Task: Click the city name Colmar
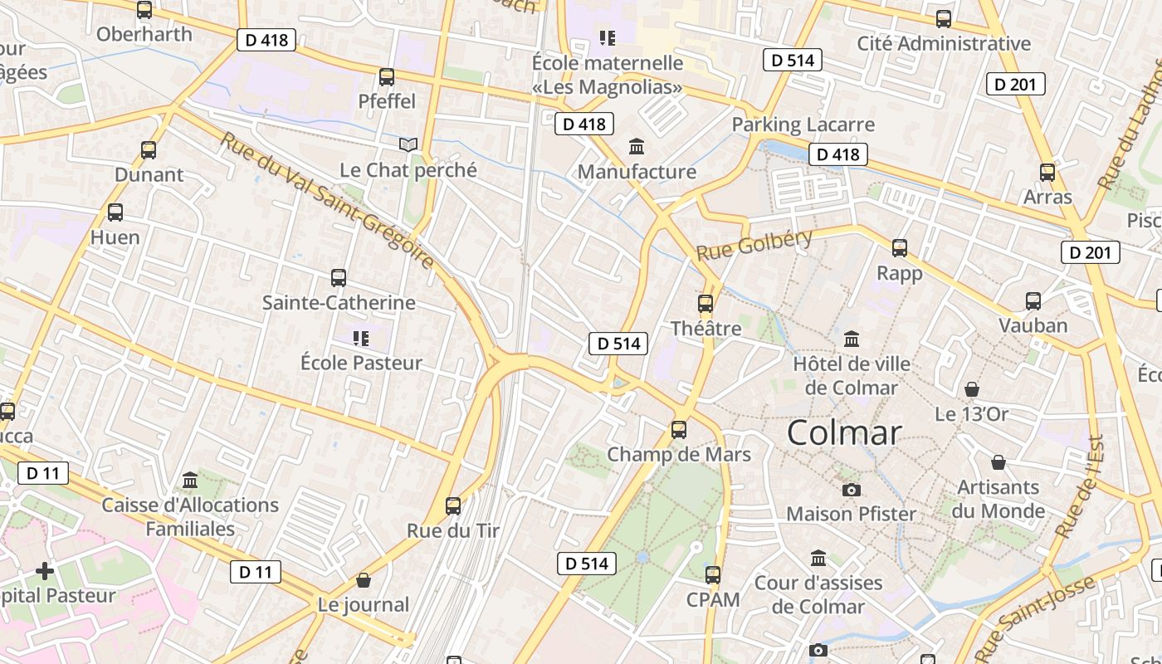click(843, 432)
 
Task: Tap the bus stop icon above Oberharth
click(144, 10)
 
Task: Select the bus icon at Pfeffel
click(387, 77)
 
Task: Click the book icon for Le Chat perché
click(408, 145)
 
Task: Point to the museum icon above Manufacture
click(637, 147)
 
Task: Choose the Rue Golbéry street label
click(754, 244)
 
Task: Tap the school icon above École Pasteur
click(360, 339)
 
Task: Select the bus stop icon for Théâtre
click(705, 304)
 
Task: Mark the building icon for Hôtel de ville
click(851, 339)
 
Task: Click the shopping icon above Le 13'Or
click(971, 388)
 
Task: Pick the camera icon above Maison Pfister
click(851, 490)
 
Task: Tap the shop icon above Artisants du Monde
click(998, 462)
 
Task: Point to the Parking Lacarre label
click(803, 124)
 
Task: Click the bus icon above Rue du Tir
click(453, 505)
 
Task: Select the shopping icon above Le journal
click(363, 580)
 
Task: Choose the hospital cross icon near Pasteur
click(45, 571)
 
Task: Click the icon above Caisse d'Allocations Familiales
click(190, 481)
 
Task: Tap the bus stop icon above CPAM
click(712, 574)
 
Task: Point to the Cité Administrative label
click(944, 43)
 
